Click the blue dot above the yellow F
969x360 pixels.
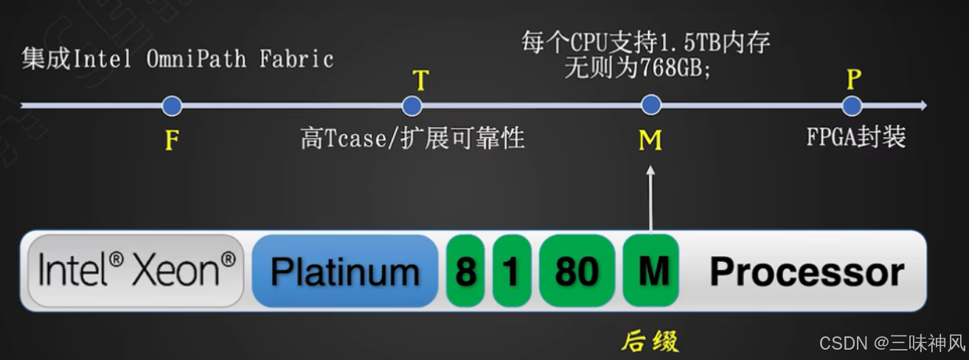[x=172, y=106]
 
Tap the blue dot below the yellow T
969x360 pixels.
[x=411, y=106]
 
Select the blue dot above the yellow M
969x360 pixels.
[x=650, y=105]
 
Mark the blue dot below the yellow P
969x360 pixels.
[x=852, y=106]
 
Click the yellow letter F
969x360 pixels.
[x=172, y=140]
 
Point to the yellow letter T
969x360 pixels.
[x=420, y=80]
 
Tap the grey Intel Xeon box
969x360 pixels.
[x=136, y=271]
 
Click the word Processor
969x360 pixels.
[x=807, y=272]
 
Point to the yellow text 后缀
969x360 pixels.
[x=650, y=342]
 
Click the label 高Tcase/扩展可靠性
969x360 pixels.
[x=412, y=138]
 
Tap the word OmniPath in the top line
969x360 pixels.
[x=196, y=58]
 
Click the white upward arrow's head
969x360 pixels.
[x=650, y=171]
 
